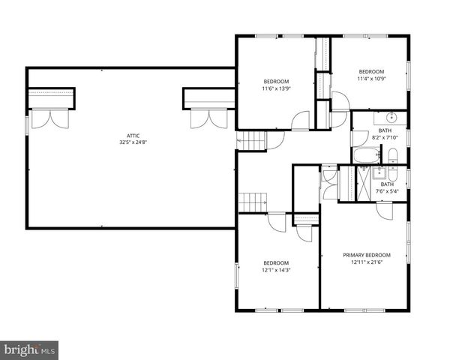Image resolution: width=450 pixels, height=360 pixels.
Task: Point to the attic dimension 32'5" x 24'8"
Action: pyautogui.click(x=129, y=142)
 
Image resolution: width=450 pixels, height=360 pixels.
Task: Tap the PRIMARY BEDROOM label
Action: pyautogui.click(x=367, y=255)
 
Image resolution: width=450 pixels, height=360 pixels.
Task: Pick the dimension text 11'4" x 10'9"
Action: pyautogui.click(x=370, y=79)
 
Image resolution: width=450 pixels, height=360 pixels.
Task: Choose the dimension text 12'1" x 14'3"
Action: pyautogui.click(x=275, y=270)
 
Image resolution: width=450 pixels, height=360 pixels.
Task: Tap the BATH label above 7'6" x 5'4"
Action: pyautogui.click(x=387, y=184)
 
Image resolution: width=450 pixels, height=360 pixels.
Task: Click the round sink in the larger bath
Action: pyautogui.click(x=391, y=118)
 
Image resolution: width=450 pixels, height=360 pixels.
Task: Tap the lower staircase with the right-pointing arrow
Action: pyautogui.click(x=253, y=201)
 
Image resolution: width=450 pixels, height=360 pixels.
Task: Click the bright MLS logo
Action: pyautogui.click(x=30, y=349)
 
